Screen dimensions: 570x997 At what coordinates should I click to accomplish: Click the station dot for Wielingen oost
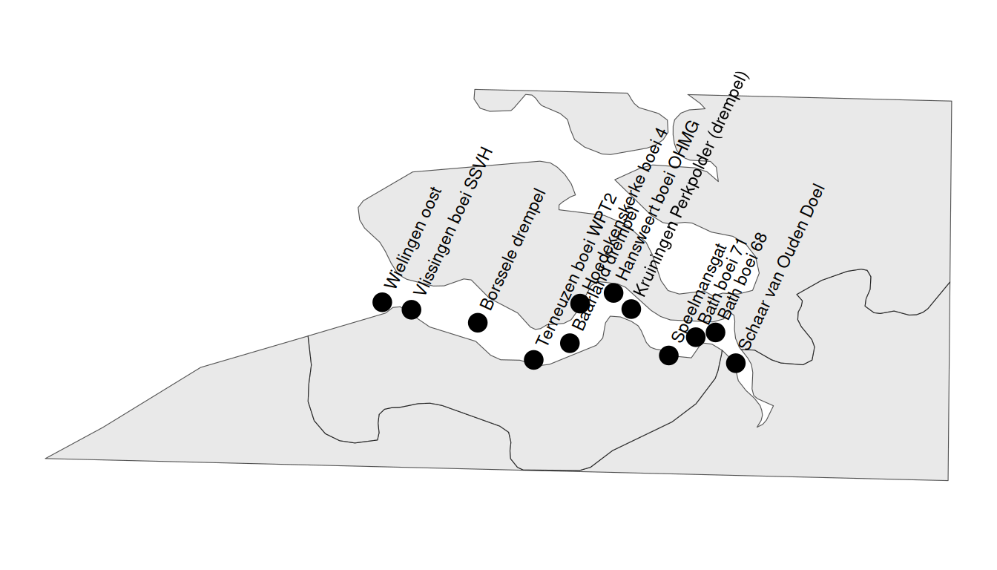[x=382, y=301]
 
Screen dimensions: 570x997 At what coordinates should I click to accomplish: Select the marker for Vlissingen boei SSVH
[x=412, y=309]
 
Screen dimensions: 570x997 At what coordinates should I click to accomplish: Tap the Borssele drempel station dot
[x=478, y=322]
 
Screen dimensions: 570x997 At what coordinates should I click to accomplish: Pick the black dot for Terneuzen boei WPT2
[x=533, y=359]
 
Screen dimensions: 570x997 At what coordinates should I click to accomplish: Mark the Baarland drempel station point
[x=570, y=342]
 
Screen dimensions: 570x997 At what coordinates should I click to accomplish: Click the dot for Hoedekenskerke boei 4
[x=580, y=303]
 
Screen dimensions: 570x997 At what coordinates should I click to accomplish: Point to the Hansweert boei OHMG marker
[x=613, y=292]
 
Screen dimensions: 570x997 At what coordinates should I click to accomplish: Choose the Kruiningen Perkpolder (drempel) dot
[x=631, y=308]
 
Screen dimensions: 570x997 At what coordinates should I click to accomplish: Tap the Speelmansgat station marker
[x=668, y=355]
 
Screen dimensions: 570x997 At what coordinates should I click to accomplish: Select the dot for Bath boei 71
[x=696, y=337]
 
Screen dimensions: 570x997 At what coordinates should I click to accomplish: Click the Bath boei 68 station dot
[x=715, y=332]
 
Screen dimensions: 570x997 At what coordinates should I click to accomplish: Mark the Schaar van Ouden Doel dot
[x=735, y=363]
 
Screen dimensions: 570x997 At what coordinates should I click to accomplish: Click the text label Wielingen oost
[x=414, y=239]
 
